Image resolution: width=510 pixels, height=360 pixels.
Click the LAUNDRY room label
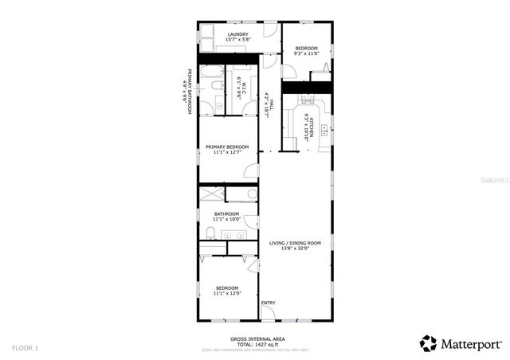point(237,34)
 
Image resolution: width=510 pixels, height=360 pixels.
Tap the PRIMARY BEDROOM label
point(227,147)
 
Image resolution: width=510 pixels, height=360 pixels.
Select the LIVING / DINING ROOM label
point(294,243)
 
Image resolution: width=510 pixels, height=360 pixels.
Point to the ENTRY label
point(269,303)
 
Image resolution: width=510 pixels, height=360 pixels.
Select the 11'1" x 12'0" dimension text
point(226,294)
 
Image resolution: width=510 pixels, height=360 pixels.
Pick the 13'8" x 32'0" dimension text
point(294,248)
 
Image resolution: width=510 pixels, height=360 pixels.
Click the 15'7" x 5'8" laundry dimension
point(237,40)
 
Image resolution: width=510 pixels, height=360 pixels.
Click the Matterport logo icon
point(428,343)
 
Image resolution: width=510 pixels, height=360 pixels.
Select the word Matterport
point(471,344)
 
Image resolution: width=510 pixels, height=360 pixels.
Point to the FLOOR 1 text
point(25,347)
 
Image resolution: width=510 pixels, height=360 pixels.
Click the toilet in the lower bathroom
point(210,233)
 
